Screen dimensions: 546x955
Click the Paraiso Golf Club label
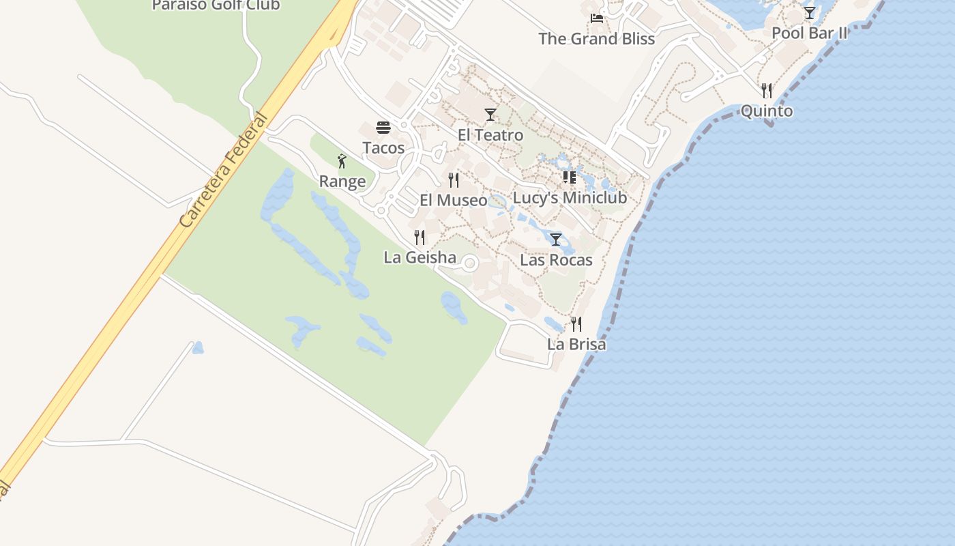(x=216, y=5)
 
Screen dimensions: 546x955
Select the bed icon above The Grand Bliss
(x=597, y=18)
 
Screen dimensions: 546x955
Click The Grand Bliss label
(x=597, y=39)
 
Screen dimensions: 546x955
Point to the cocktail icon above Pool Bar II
(x=809, y=13)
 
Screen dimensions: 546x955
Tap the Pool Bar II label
(x=809, y=33)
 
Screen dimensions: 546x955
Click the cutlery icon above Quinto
(x=767, y=91)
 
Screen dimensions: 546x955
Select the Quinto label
(x=767, y=111)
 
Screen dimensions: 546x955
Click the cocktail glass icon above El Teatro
(x=490, y=115)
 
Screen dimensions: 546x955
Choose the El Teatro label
(x=490, y=135)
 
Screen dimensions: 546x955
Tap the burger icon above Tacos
(x=383, y=128)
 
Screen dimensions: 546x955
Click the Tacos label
(x=383, y=148)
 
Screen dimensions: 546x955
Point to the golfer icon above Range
(x=342, y=161)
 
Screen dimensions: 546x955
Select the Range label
(x=342, y=182)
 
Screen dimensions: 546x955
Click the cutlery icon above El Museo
(x=454, y=180)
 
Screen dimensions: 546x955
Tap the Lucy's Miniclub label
(x=570, y=198)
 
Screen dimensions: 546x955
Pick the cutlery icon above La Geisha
(x=420, y=238)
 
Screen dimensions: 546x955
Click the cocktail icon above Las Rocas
(x=556, y=240)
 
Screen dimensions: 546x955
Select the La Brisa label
(x=576, y=345)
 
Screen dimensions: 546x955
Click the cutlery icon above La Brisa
(x=576, y=324)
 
